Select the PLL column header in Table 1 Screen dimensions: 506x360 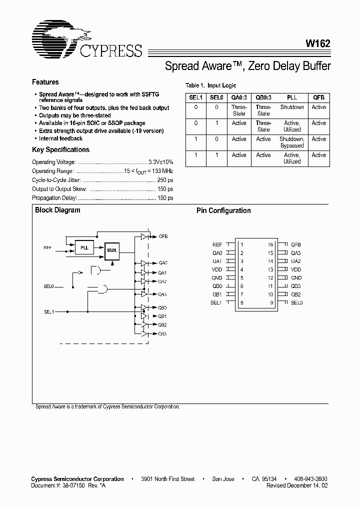click(291, 98)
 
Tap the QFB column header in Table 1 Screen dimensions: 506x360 click(318, 98)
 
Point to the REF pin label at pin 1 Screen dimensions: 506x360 click(217, 244)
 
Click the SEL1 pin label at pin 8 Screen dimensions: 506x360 click(216, 302)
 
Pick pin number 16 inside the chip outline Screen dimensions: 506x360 click(270, 244)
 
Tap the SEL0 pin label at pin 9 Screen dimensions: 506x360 click(297, 302)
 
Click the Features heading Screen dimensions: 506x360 click(45, 82)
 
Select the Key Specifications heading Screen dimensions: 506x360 click(60, 150)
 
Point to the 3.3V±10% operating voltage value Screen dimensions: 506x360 click(161, 162)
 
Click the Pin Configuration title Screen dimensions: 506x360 click(223, 211)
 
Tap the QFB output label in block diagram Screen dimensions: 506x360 click(163, 236)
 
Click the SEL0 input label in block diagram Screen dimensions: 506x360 click(48, 287)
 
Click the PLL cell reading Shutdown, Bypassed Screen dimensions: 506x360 click(291, 142)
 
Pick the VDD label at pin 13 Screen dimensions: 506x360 click(296, 269)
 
